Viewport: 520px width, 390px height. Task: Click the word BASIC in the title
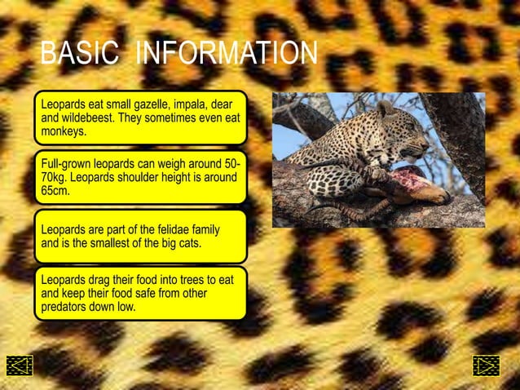79,54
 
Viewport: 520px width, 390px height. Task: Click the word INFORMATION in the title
226,54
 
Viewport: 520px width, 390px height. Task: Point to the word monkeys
63,131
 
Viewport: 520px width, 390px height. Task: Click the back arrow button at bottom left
19,366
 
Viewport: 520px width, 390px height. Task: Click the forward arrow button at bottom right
486,366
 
